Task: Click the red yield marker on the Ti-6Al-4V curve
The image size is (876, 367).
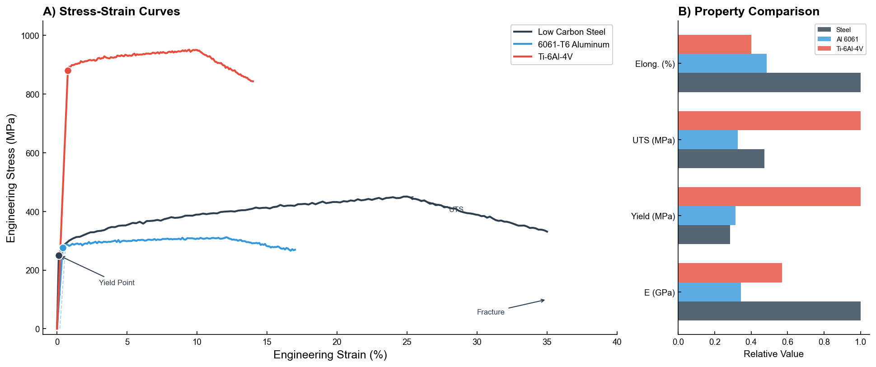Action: coord(68,71)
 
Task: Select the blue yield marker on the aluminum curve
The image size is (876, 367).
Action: coord(63,248)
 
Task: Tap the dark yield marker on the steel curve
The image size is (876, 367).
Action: coord(59,255)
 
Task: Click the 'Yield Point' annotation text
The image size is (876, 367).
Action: coord(117,283)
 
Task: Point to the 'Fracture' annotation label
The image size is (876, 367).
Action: coord(491,312)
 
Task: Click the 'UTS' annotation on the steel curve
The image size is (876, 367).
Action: coord(456,209)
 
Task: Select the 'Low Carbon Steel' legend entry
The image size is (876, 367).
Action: coord(572,32)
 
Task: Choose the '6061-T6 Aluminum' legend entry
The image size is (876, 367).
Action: coord(573,44)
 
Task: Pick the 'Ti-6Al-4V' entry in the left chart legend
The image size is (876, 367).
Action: coord(555,57)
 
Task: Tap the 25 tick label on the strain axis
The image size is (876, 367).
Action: coord(407,342)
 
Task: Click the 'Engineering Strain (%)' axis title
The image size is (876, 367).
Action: coord(330,355)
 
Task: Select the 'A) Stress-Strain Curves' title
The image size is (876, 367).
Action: coord(111,11)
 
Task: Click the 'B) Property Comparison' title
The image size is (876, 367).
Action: coord(749,11)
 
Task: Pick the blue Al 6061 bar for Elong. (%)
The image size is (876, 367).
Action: coord(722,63)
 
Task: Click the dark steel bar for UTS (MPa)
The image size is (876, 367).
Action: coord(721,159)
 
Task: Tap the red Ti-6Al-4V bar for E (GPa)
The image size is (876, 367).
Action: coord(730,273)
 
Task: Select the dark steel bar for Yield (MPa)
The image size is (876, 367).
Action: coord(704,235)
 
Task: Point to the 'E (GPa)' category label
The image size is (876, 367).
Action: coord(659,292)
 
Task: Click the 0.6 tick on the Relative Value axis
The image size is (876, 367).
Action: coord(787,342)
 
